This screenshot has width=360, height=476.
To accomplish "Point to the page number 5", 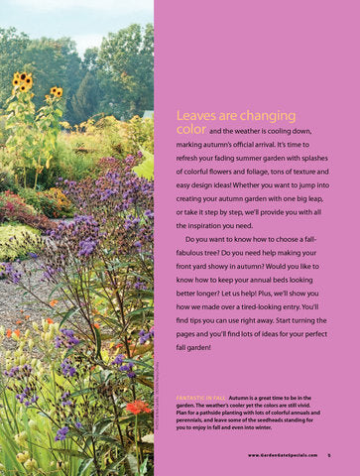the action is pos(328,455).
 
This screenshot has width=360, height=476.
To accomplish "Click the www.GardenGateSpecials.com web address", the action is pos(283,455).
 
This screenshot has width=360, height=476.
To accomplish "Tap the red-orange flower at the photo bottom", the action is pos(138,407).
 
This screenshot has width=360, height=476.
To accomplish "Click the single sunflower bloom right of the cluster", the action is pos(57,93).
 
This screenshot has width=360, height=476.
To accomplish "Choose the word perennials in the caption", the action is pos(194,417).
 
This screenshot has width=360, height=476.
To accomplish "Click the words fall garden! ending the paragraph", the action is pos(195,348).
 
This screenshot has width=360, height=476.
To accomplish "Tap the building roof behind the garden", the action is pos(149,114).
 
